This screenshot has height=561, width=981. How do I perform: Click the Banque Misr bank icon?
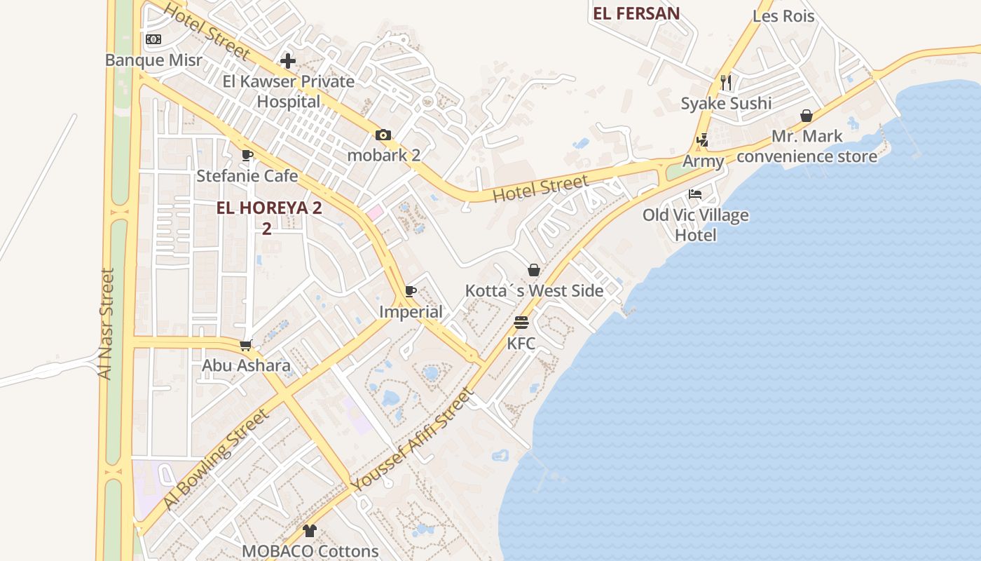153,40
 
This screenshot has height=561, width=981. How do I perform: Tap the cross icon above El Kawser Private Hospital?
288,61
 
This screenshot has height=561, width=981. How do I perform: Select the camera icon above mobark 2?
383,135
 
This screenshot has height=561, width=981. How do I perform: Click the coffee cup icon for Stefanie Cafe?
247,155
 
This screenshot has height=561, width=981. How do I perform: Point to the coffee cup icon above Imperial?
411,292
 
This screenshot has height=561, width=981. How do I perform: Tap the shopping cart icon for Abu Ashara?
246,345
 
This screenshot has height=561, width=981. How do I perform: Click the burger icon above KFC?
521,323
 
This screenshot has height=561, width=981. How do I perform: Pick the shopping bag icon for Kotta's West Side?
534,270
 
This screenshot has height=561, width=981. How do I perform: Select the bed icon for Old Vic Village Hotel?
695,194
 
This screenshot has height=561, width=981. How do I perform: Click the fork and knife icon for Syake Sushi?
726,83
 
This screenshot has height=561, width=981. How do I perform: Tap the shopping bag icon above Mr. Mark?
807,116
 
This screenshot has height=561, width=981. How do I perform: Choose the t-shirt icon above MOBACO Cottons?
310,531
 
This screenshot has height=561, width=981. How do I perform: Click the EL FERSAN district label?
636,13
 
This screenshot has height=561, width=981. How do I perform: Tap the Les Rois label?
783,15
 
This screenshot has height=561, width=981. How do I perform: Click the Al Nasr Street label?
106,323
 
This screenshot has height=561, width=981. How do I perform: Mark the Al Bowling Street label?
216,459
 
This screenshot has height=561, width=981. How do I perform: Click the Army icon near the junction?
703,140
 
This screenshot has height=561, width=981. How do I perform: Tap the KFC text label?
521,344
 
